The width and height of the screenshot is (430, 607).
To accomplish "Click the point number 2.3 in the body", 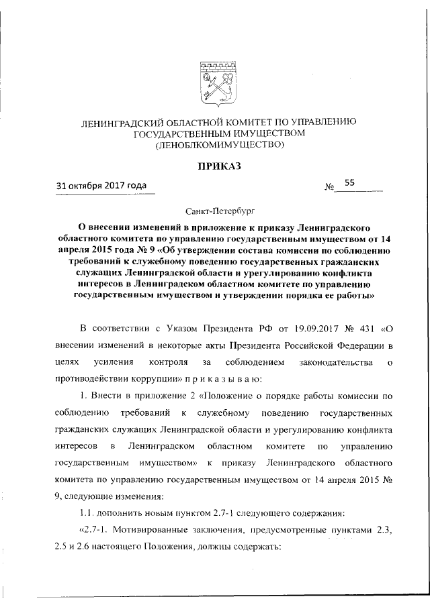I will click(384, 531).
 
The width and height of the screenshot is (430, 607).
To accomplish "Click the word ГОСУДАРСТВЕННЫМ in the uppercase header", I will click(188, 133).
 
